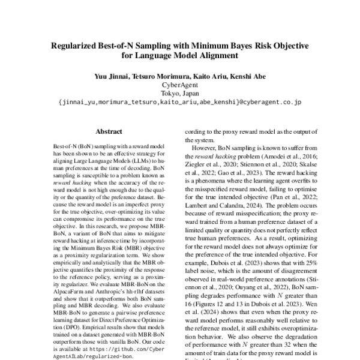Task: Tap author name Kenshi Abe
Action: pyautogui.click(x=242, y=77)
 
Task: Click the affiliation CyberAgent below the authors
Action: pyautogui.click(x=179, y=85)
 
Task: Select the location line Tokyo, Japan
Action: pyautogui.click(x=179, y=94)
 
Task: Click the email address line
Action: pyautogui.click(x=179, y=103)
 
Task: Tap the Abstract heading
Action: pyautogui.click(x=109, y=131)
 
